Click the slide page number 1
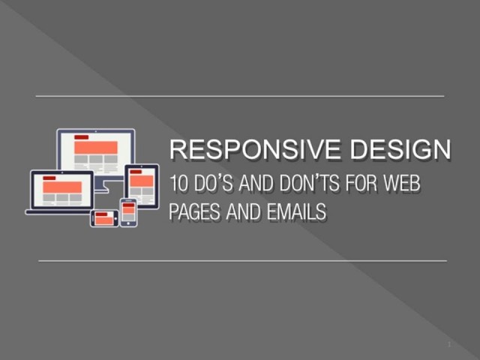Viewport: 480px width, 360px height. [x=448, y=343]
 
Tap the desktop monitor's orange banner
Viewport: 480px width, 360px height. [x=96, y=147]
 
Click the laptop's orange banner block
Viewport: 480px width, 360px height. [x=61, y=186]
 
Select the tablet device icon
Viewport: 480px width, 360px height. [x=141, y=185]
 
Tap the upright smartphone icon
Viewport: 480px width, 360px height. [x=128, y=212]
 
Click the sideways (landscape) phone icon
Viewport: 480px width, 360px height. [x=103, y=218]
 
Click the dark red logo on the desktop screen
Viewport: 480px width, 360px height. [x=82, y=138]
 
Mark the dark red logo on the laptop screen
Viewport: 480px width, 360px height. [x=49, y=178]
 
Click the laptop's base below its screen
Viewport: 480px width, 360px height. [x=58, y=212]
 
